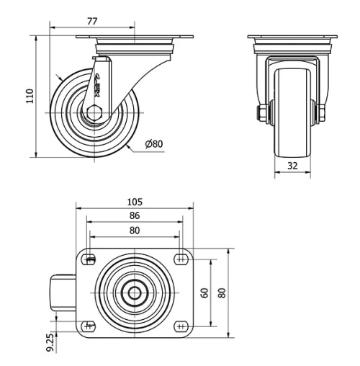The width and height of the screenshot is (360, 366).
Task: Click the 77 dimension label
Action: [x=92, y=22]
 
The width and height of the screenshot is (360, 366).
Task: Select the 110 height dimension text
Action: [x=30, y=96]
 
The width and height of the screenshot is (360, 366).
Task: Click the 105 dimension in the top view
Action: [x=135, y=202]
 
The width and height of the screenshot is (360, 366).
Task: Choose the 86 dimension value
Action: [x=135, y=215]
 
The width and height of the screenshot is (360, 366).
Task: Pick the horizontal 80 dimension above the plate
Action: [x=135, y=230]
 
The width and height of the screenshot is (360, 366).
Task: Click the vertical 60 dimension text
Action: [x=205, y=293]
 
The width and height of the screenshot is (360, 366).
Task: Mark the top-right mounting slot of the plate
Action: [x=179, y=259]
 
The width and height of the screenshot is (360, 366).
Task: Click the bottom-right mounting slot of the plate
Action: [x=179, y=326]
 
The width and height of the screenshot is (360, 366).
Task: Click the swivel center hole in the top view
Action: [x=135, y=293]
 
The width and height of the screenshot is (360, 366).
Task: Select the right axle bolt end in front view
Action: [x=321, y=112]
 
